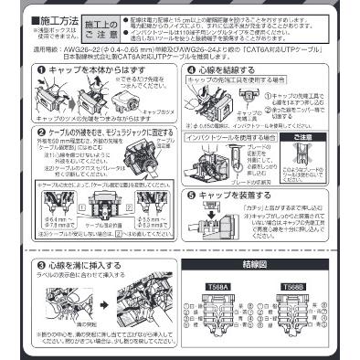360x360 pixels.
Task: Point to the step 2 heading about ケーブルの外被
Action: (91, 132)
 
